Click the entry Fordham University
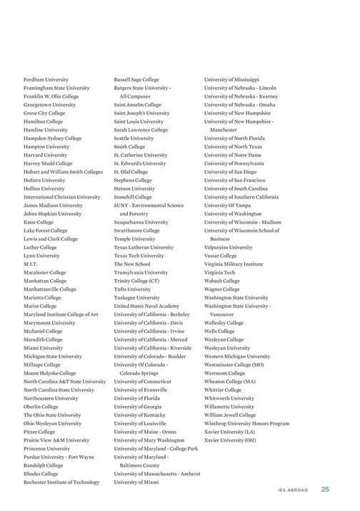[46, 79]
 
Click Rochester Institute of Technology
[61, 482]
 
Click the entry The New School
[132, 264]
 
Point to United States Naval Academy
[146, 306]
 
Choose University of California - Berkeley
[151, 314]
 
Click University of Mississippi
[231, 79]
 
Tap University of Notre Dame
[233, 154]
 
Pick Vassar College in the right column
[220, 256]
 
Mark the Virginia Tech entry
[219, 272]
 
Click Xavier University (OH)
[230, 440]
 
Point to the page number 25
[325, 490]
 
